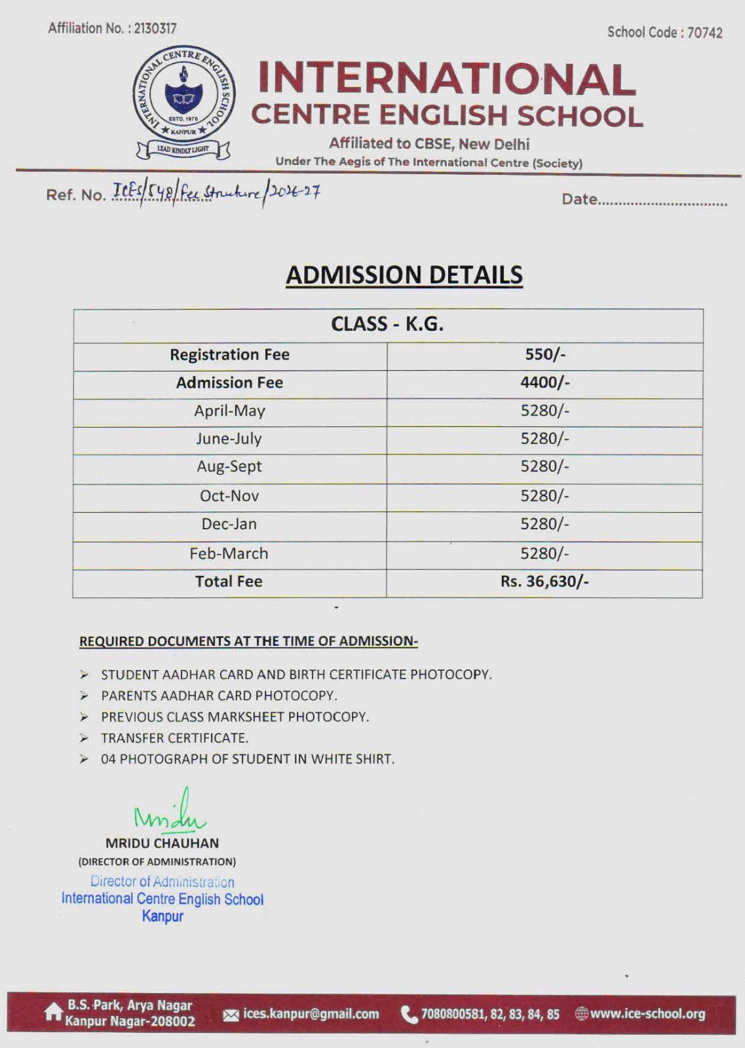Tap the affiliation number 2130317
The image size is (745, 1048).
(155, 28)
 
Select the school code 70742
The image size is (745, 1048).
(704, 33)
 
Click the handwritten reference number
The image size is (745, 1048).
(216, 193)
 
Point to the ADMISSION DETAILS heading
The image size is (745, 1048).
(404, 275)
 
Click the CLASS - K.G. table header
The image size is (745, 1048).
(387, 324)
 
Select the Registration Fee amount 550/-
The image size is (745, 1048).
(544, 354)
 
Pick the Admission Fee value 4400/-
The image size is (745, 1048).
(544, 383)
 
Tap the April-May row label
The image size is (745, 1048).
(229, 411)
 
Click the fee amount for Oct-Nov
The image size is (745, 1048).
(544, 496)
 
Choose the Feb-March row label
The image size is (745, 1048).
(229, 553)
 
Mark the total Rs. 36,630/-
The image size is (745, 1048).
(544, 582)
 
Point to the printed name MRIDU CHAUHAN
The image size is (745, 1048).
(162, 843)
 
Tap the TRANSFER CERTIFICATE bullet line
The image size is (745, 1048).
(174, 738)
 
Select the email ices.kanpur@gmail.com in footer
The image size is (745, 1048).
(311, 1014)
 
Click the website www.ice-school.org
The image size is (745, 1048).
(647, 1014)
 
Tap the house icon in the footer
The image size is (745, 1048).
(52, 1013)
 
